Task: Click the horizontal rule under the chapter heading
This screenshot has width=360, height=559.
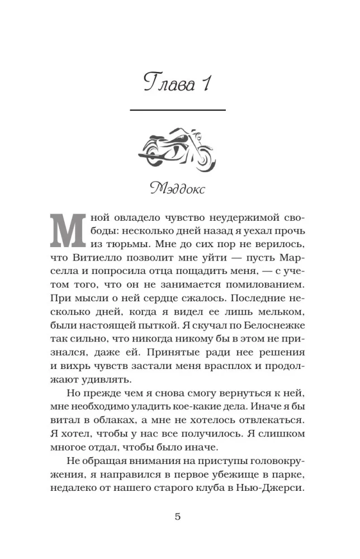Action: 178,110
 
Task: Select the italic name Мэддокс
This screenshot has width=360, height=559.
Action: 178,188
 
